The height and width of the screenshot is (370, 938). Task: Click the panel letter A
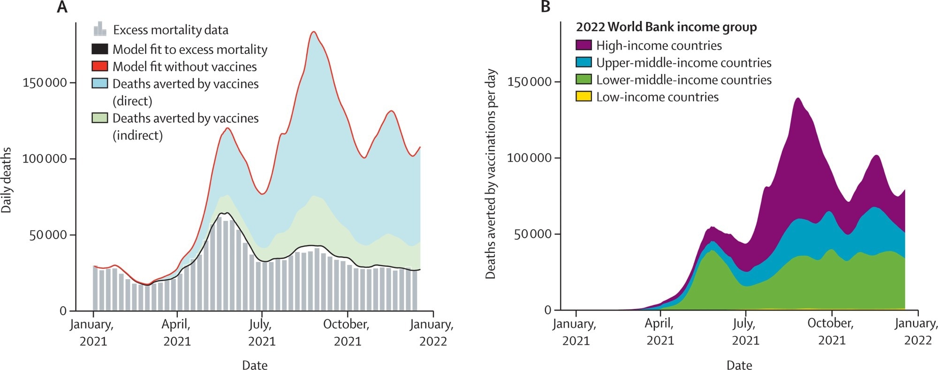coord(62,7)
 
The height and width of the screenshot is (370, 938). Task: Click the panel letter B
coord(545,7)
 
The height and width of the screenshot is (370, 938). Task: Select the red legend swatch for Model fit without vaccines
coord(99,67)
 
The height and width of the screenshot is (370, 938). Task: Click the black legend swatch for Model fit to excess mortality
coord(99,49)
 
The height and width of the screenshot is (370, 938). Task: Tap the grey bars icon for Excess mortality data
coord(99,29)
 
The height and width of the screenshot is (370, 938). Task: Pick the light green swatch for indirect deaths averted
coord(99,118)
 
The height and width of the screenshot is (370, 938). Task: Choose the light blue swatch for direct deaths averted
coord(99,84)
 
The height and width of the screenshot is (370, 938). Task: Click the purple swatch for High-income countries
coord(583,45)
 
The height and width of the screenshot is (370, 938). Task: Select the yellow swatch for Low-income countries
coord(583,97)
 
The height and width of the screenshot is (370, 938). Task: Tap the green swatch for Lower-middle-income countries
coord(583,80)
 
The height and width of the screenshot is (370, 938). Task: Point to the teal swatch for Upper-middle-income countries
coord(583,62)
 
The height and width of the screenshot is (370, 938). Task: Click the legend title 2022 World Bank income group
coord(666,27)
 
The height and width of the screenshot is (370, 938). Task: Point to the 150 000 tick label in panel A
coord(45,83)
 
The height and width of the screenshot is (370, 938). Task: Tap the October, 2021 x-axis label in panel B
coord(831,331)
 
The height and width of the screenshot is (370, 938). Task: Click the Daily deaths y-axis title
coord(7,180)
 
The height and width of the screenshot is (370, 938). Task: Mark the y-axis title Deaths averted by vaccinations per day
coord(491,174)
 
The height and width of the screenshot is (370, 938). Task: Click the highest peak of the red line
coord(314,32)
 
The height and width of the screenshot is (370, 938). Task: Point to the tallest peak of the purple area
coord(798,98)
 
